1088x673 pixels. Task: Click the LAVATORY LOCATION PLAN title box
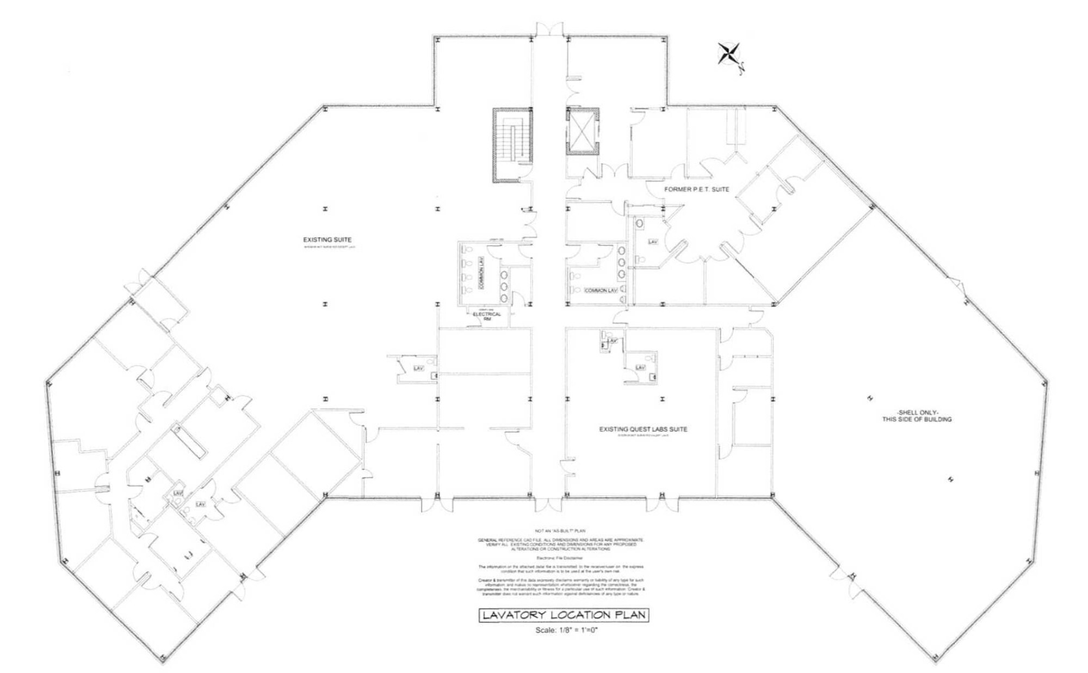(564, 615)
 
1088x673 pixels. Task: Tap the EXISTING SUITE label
(327, 240)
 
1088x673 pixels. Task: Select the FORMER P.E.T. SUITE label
(696, 189)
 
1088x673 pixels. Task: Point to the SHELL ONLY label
(917, 416)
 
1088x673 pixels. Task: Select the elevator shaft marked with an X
(582, 131)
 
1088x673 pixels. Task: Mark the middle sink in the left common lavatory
(504, 286)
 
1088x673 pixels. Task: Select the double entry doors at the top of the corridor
(549, 30)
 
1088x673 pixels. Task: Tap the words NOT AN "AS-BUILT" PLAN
(560, 530)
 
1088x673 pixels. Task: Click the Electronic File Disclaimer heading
(560, 558)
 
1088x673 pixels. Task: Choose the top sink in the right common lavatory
(621, 251)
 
